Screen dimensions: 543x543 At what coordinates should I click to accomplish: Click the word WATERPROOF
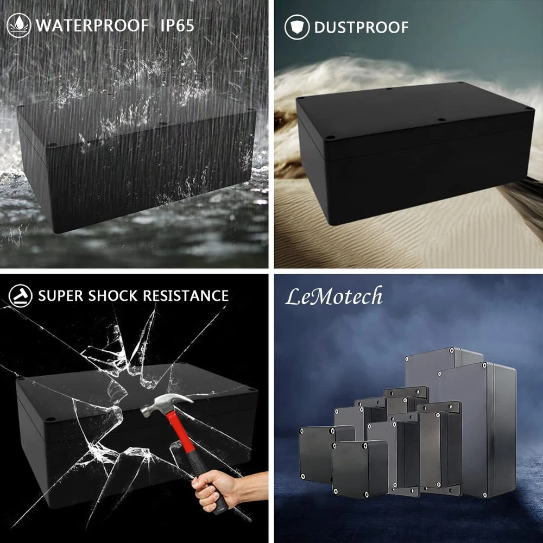(x=92, y=26)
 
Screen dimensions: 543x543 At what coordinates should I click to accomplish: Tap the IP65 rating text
(x=178, y=26)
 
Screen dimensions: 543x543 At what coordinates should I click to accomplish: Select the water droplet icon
(x=18, y=26)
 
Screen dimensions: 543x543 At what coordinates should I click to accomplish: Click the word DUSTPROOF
(x=361, y=27)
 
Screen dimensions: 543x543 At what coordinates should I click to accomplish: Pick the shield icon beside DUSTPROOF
(x=297, y=27)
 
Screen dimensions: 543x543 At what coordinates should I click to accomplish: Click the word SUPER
(x=61, y=296)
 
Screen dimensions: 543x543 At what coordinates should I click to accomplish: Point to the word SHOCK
(x=112, y=296)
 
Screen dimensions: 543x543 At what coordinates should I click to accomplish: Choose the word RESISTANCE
(x=186, y=296)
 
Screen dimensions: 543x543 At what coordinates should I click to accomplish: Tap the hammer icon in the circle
(x=20, y=296)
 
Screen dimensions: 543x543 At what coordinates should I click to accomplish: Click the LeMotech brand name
(x=334, y=296)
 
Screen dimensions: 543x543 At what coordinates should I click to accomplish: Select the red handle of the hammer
(x=181, y=437)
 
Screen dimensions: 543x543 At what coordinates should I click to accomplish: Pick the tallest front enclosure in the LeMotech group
(x=477, y=430)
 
